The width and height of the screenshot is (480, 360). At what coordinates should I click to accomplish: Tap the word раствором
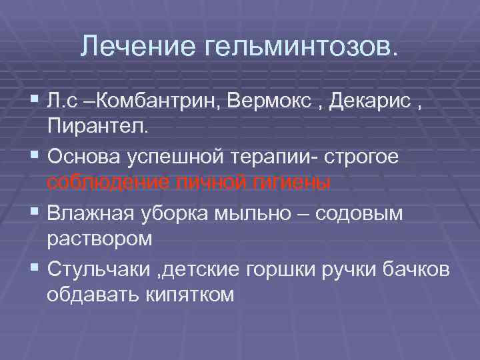100,238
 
